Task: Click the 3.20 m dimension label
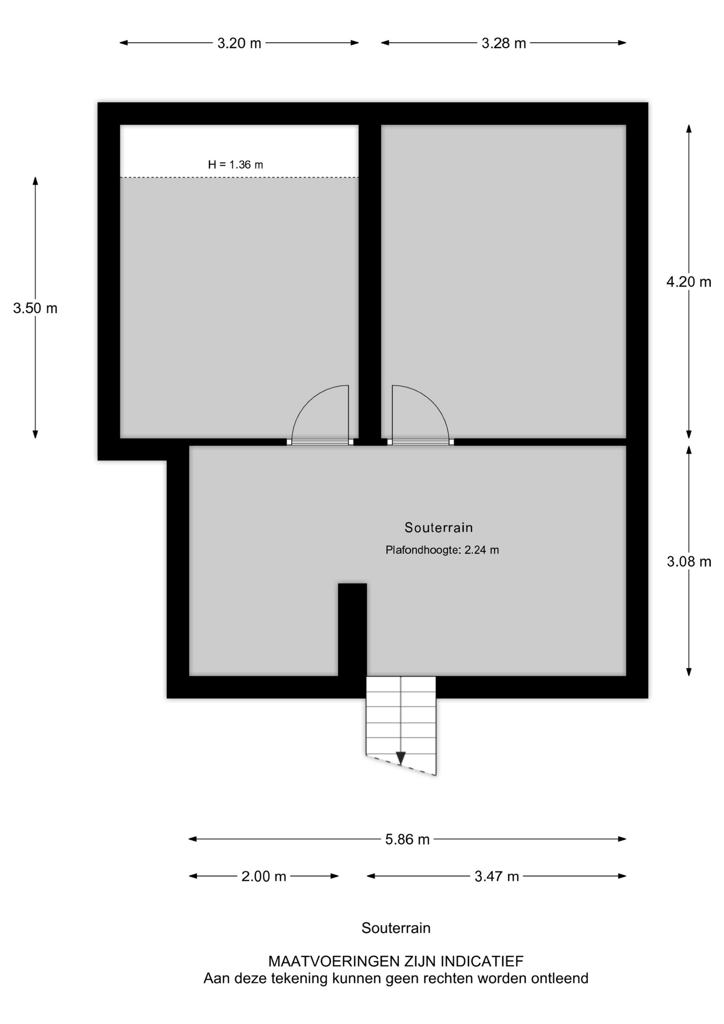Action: pos(239,43)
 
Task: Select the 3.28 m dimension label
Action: pos(504,43)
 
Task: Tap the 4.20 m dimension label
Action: pos(689,282)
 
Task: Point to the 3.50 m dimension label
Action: pos(35,308)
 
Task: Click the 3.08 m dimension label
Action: pos(689,561)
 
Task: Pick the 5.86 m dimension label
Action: pos(407,839)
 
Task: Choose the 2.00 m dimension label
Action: pos(264,876)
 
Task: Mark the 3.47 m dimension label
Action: pos(497,876)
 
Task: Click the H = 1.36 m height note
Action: pos(236,165)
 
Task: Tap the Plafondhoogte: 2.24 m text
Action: pos(443,550)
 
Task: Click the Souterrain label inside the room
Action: pos(439,527)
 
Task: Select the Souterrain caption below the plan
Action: pos(396,928)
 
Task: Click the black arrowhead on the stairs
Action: pos(401,758)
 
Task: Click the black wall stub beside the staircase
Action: pos(352,630)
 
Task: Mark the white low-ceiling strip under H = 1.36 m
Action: pos(239,151)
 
